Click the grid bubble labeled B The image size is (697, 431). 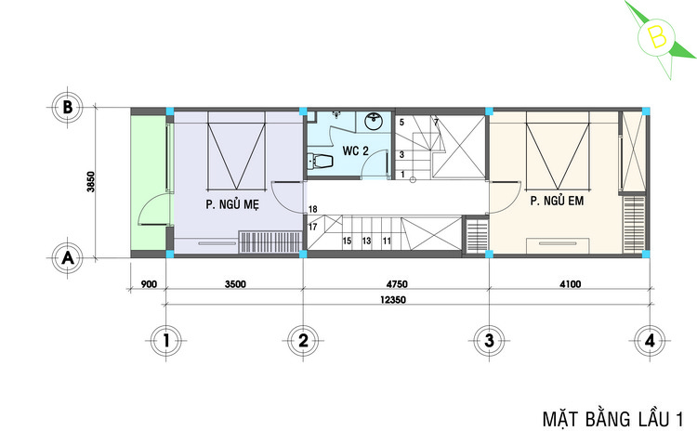(x=68, y=108)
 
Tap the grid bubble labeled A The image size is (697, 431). (x=68, y=257)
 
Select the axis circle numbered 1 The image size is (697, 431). (x=166, y=341)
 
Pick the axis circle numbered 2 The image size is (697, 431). (x=303, y=341)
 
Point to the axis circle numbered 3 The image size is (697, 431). (x=489, y=341)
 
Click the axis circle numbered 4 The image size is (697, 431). (x=650, y=341)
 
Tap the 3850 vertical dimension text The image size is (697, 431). (x=91, y=182)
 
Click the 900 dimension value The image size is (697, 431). (x=149, y=284)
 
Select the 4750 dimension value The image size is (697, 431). (x=397, y=284)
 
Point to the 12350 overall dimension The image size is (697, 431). (x=393, y=300)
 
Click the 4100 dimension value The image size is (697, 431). (x=570, y=284)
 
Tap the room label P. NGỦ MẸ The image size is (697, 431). (x=232, y=204)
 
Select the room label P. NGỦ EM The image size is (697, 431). (x=557, y=201)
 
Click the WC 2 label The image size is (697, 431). (x=356, y=150)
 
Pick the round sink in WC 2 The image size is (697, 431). (x=375, y=122)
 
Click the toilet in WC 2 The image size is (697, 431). (x=320, y=162)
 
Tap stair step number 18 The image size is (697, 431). (x=313, y=209)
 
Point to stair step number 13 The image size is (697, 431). (x=366, y=241)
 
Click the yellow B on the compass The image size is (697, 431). (x=657, y=37)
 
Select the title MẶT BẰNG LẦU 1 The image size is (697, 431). (x=613, y=419)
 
